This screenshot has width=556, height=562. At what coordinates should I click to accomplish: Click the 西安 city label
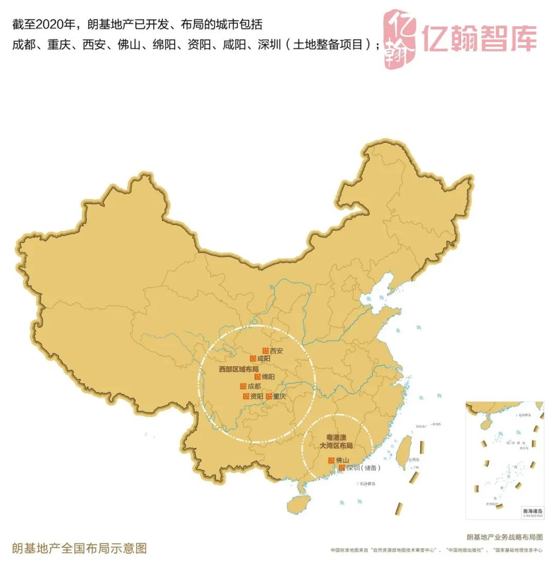coord(276,351)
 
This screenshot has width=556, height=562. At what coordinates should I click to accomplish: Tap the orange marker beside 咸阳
coord(253,358)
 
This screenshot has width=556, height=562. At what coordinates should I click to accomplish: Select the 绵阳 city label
coord(268,377)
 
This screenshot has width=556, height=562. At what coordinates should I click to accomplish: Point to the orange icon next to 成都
coord(243,386)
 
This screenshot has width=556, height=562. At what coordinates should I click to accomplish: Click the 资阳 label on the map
coord(256,396)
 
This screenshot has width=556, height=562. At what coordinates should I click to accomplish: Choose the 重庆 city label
coord(280,396)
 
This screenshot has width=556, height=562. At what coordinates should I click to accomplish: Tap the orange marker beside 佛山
coord(332,460)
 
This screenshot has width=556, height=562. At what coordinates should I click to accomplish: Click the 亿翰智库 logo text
coord(479,38)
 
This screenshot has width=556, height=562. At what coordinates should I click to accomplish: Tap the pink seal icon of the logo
coord(400,39)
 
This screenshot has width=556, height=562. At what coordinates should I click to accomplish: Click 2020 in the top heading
coord(49,24)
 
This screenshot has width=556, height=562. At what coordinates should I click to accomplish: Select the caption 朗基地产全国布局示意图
coord(80,547)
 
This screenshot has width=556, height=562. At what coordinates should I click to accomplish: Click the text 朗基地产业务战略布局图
coord(505,537)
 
